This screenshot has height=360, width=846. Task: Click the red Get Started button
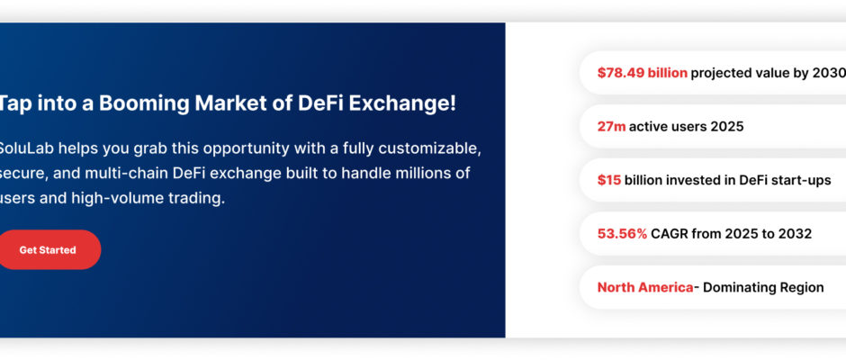point(49,250)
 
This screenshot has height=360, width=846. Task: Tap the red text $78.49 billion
point(642,73)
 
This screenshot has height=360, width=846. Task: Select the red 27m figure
point(611,126)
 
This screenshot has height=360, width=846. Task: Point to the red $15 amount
point(609,180)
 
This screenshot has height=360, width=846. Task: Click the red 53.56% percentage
point(622,234)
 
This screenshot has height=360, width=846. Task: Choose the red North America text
point(645,288)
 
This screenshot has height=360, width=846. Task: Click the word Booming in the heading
point(144,103)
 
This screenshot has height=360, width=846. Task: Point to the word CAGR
point(669,234)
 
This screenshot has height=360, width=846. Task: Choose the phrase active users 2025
point(687,126)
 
